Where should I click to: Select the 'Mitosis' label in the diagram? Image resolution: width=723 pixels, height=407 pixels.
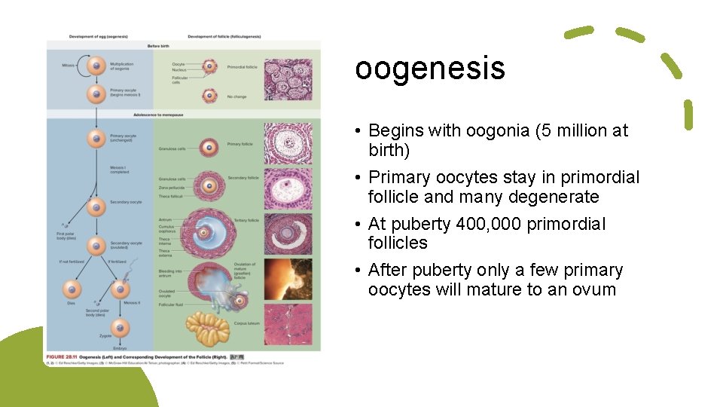(69, 66)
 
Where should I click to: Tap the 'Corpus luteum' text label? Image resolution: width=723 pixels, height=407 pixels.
(246, 323)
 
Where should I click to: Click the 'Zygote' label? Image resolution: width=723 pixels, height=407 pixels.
(105, 335)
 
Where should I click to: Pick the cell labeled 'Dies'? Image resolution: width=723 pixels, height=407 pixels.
(72, 289)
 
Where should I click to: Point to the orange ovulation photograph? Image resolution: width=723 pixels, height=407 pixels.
(288, 279)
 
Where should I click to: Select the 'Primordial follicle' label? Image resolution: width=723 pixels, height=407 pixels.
(243, 67)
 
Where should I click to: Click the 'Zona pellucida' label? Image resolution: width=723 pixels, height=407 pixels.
(170, 188)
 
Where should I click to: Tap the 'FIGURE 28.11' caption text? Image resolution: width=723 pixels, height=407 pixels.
(65, 356)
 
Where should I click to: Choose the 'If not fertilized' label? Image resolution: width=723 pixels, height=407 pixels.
(72, 261)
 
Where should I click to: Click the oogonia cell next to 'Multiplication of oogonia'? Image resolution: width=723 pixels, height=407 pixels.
(96, 66)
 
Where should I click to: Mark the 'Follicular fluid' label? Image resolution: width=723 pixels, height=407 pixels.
(171, 304)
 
